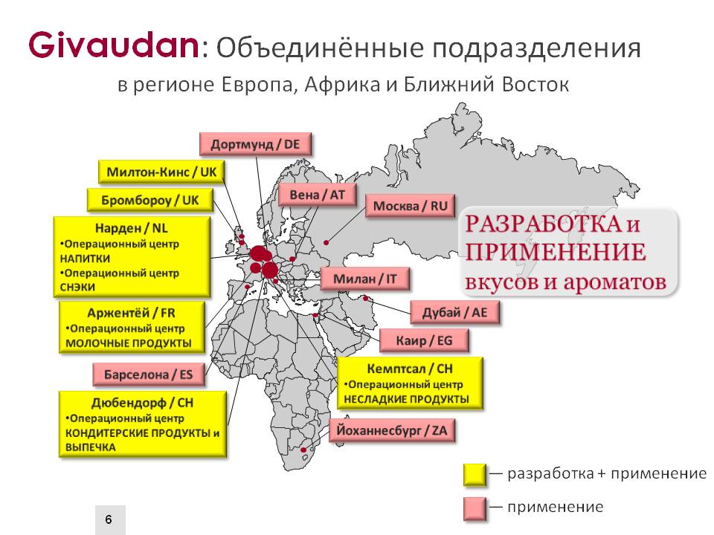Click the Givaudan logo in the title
coord(113,45)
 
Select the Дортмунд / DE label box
coord(255,145)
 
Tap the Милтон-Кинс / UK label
coord(161,172)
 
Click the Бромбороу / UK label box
coord(149,200)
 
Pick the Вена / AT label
coord(317,195)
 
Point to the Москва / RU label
coord(411,206)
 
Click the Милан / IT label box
coord(364,279)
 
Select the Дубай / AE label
coord(455,313)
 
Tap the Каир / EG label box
coord(424,341)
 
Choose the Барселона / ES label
coord(149,374)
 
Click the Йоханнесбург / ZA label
coord(392,430)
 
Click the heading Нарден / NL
coord(131,228)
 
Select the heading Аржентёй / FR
coord(131,313)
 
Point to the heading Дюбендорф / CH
coord(143,403)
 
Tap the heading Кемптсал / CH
coord(410,369)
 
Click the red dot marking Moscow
coord(326,242)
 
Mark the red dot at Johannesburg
coord(303,450)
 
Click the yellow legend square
coord(475,475)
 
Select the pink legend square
coord(475,508)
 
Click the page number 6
coord(109,519)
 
